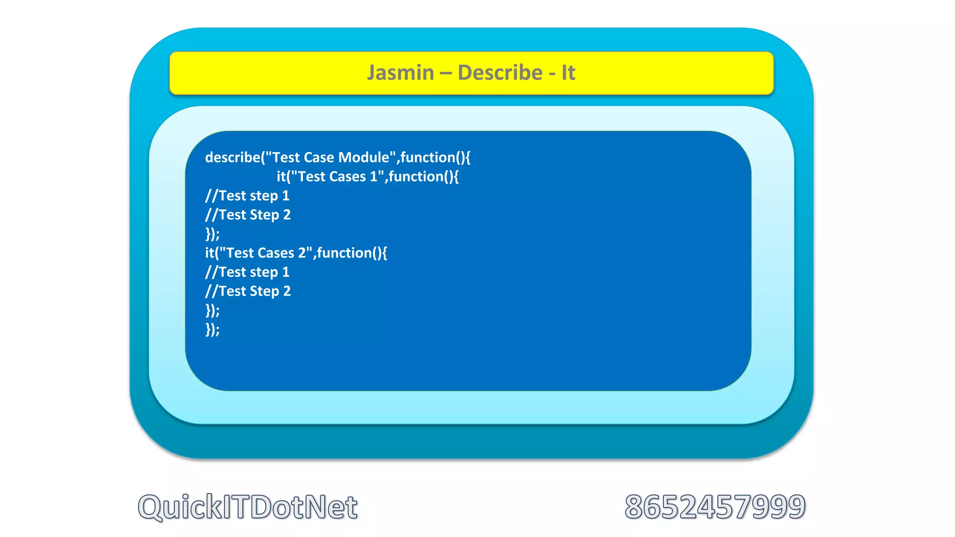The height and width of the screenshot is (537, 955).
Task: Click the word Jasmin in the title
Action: point(400,73)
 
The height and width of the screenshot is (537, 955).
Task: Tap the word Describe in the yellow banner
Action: point(500,73)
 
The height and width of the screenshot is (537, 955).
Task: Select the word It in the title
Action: point(568,73)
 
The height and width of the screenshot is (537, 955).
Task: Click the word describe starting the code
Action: point(232,158)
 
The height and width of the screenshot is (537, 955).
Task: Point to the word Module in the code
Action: point(363,158)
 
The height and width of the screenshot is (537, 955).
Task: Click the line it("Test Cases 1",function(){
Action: point(367,177)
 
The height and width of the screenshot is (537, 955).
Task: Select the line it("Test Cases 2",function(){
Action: point(296,253)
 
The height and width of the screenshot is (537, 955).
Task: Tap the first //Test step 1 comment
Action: point(247,196)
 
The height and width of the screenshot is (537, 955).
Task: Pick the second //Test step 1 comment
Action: point(247,272)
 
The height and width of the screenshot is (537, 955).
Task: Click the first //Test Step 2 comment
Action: point(248,215)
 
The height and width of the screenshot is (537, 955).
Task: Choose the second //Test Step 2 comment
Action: point(248,291)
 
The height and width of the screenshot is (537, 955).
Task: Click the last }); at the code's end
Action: point(212,330)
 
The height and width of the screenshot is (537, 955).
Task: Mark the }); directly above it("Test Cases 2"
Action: point(212,234)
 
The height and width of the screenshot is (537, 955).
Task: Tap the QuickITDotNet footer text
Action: point(248,507)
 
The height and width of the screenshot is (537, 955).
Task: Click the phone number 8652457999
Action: point(715,507)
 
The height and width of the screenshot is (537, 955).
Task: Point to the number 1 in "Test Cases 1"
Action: point(374,177)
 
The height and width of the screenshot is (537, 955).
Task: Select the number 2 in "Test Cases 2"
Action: point(302,253)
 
